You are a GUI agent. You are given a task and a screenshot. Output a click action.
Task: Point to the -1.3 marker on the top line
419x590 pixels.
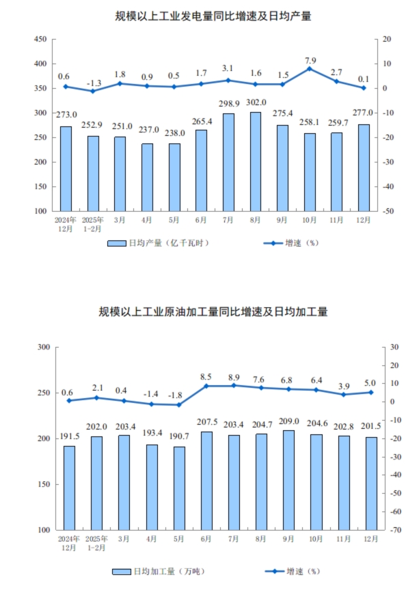coord(93,92)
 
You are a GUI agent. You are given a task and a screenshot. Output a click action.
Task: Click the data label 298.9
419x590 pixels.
coord(229,102)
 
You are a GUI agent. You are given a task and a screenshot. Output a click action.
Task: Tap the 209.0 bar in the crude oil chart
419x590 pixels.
coord(288,479)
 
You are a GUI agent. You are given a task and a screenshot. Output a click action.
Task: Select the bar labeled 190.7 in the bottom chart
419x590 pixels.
coord(179,488)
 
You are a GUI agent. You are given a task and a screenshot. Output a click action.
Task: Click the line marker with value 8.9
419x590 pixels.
coord(234,385)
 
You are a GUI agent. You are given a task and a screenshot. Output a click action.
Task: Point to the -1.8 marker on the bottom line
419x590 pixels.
coord(179,405)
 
